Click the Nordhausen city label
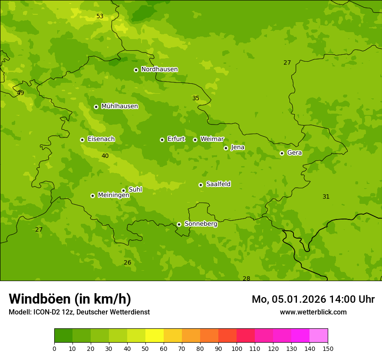click(x=159, y=69)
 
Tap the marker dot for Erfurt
click(x=162, y=140)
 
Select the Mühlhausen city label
click(x=119, y=106)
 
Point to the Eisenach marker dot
click(x=82, y=140)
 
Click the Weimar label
click(x=212, y=139)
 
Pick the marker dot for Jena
click(x=226, y=148)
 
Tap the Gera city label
click(x=294, y=153)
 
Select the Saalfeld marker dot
click(x=201, y=185)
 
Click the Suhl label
click(x=135, y=190)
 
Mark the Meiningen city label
click(x=113, y=195)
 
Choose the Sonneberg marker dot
click(x=179, y=224)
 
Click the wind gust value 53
click(x=100, y=16)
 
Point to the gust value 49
click(x=20, y=93)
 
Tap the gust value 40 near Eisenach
click(x=105, y=156)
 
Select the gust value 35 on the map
click(x=196, y=98)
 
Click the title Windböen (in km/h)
click(x=70, y=299)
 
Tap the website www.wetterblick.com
click(x=313, y=312)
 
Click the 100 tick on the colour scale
click(x=237, y=348)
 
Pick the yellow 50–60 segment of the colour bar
click(x=155, y=335)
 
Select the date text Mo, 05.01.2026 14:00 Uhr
click(x=313, y=299)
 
